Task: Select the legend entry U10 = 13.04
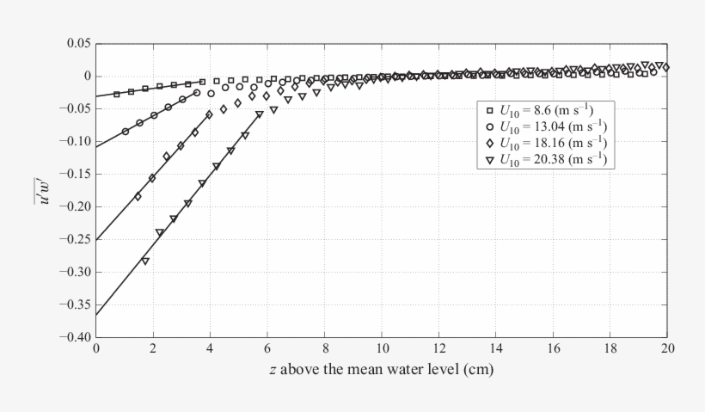(550, 126)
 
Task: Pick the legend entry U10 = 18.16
(550, 143)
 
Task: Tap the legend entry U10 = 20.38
(550, 159)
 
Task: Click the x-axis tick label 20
(667, 348)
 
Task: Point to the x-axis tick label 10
(382, 348)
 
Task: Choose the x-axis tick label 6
(267, 348)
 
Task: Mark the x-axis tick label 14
(496, 348)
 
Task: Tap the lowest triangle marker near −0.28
(145, 261)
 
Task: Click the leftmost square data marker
(116, 94)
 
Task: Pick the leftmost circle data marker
(125, 132)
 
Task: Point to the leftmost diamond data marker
(138, 196)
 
